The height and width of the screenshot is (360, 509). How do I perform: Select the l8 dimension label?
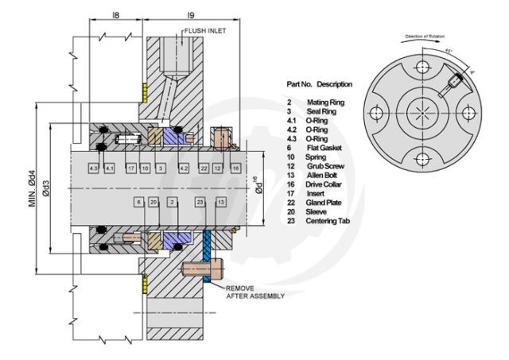(x=117, y=14)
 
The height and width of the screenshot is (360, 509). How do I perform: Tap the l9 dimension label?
(x=190, y=14)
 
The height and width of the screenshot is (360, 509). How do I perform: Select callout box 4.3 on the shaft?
(x=94, y=169)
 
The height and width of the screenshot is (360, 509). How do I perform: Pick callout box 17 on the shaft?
(x=130, y=169)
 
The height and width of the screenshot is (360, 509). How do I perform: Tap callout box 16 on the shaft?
(x=235, y=169)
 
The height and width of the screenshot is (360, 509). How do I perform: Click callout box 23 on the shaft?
(x=200, y=203)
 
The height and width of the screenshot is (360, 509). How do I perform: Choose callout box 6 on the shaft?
(x=138, y=203)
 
